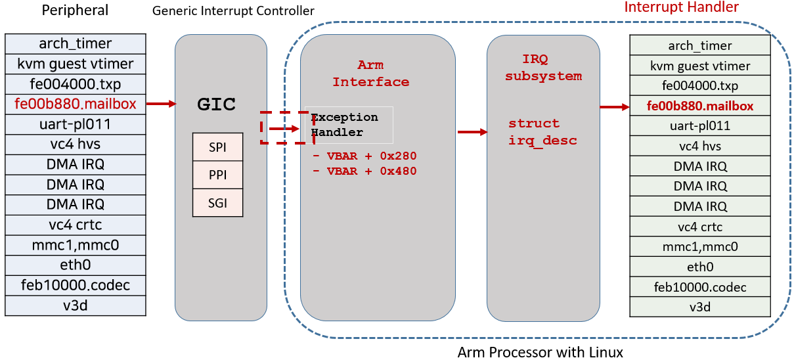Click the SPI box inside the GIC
tap(217, 147)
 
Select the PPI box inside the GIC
tap(217, 175)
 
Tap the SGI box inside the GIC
tap(217, 203)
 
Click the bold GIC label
tap(216, 104)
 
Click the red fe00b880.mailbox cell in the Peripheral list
tap(75, 104)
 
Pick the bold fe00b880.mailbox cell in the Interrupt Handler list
tap(699, 106)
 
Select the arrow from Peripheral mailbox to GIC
tap(162, 104)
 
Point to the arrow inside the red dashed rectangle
tap(284, 128)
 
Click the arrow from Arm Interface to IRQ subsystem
tap(472, 132)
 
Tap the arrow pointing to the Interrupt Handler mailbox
tap(615, 106)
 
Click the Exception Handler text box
tap(349, 125)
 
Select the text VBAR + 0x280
tap(372, 156)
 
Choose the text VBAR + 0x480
tap(372, 171)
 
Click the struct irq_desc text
tap(542, 132)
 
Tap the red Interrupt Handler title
tap(681, 7)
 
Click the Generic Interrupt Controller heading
tap(233, 11)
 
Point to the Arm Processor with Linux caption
tap(540, 352)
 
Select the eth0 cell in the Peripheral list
tap(75, 265)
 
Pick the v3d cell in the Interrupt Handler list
tap(699, 306)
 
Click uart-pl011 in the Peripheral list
tap(75, 124)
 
